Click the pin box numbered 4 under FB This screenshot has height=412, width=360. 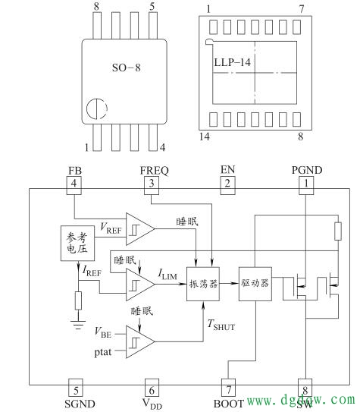click(74, 183)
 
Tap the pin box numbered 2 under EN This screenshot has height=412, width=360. click(227, 183)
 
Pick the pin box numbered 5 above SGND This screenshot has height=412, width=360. click(74, 385)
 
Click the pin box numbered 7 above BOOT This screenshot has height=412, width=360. click(227, 385)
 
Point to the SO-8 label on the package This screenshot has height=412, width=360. click(126, 68)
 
